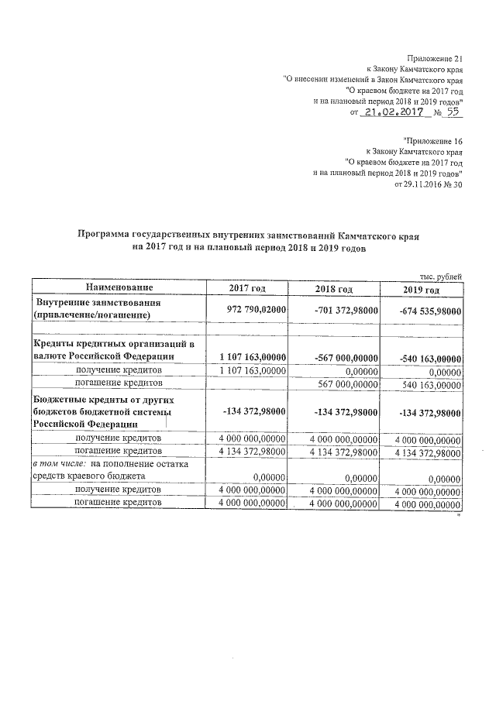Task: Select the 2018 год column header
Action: pos(335,289)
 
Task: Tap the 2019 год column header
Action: pos(422,289)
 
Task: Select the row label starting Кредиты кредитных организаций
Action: pos(112,343)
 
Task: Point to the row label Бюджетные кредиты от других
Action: pos(105,399)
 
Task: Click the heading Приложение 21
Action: pos(434,59)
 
